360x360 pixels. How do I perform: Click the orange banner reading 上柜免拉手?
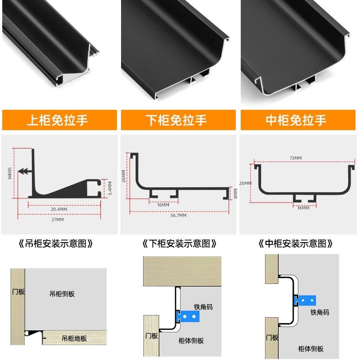pyautogui.click(x=59, y=120)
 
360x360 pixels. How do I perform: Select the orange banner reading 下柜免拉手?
pyautogui.click(x=178, y=120)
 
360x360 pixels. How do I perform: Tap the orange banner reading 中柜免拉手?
pyautogui.click(x=298, y=120)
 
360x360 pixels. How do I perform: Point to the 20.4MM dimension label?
pyautogui.click(x=59, y=209)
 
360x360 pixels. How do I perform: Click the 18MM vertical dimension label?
pyautogui.click(x=9, y=173)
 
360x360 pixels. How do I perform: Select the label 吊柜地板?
pyautogui.click(x=74, y=338)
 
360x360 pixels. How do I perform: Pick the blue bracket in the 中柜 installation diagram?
pyautogui.click(x=306, y=299)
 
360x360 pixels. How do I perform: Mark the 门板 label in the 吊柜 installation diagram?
pyautogui.click(x=18, y=292)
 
